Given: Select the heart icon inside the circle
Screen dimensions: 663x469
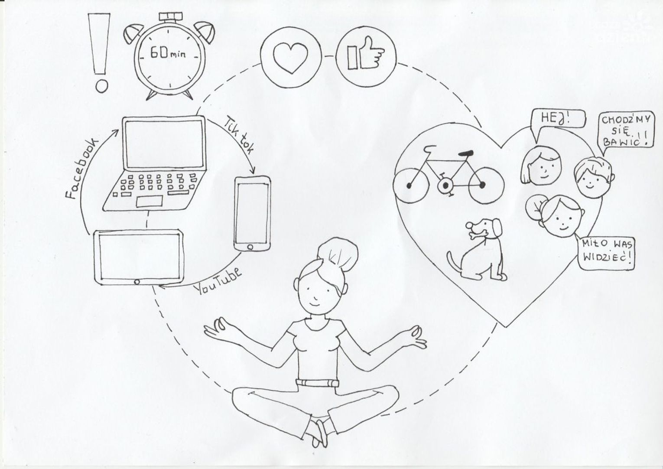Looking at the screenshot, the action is coord(290,58).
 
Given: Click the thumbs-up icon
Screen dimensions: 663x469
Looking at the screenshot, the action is coord(365,54).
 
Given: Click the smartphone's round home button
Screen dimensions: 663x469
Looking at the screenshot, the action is coord(250,247).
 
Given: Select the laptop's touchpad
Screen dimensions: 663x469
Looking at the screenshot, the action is coord(149,201).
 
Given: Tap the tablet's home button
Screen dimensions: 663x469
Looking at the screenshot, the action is coord(137,282).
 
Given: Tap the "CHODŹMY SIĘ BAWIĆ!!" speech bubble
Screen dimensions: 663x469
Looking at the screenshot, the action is coord(625,133).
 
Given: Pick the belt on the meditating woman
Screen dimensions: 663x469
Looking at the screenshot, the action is coord(317,383).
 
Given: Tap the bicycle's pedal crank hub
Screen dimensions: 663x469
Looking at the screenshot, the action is coord(445,186).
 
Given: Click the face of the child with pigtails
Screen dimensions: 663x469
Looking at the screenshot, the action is coord(560,219).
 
